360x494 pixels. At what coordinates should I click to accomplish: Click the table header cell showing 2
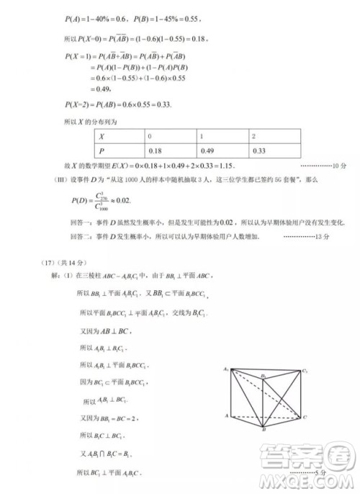click(253, 136)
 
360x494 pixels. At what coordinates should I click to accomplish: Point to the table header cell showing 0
click(150, 136)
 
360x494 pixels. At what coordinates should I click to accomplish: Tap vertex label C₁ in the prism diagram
click(305, 371)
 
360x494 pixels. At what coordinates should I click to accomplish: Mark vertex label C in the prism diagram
click(305, 417)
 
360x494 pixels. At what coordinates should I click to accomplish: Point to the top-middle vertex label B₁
click(264, 375)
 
